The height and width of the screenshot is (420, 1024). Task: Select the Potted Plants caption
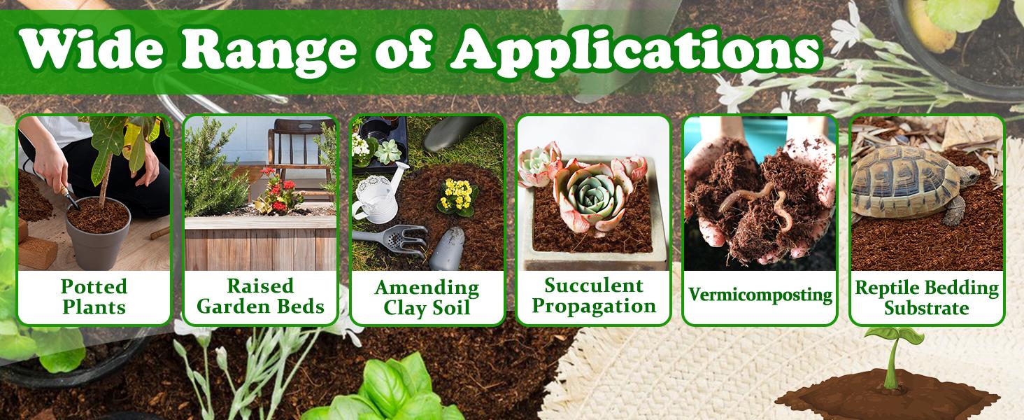[94, 296]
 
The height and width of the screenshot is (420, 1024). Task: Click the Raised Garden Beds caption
[260, 296]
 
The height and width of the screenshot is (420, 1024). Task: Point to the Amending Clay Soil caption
[427, 297]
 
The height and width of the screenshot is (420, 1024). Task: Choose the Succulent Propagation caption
[593, 295]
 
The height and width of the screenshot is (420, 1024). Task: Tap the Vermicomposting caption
[760, 295]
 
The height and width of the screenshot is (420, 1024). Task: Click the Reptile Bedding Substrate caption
[926, 297]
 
